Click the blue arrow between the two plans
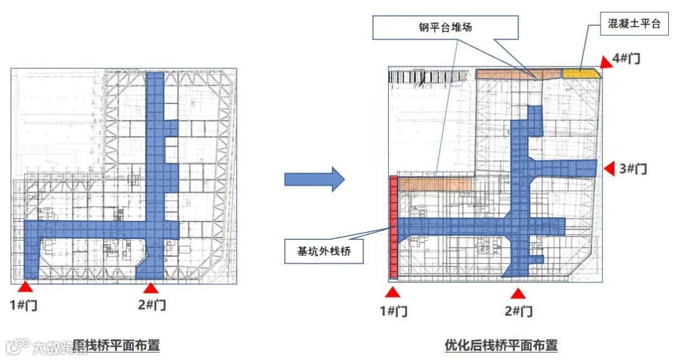[x=314, y=179]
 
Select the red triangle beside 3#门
[x=609, y=169]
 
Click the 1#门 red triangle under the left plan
[x=25, y=287]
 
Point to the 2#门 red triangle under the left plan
[x=150, y=288]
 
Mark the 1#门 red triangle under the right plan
[x=392, y=292]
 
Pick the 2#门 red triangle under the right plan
[x=518, y=293]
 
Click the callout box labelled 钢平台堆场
[x=445, y=27]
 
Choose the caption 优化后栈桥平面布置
[x=501, y=345]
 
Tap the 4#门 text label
[x=627, y=58]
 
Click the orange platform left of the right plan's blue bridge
[x=435, y=184]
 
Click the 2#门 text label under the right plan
[x=518, y=311]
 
